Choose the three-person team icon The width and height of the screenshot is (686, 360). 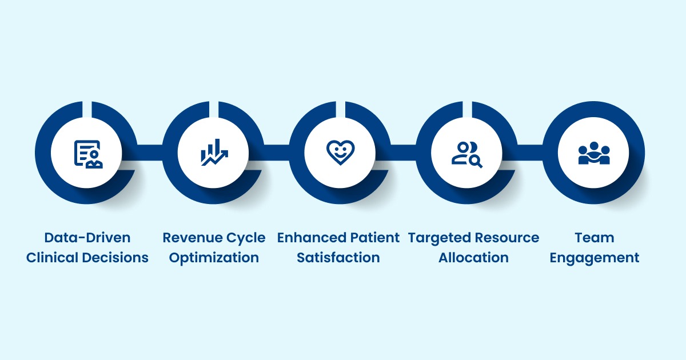coord(594,154)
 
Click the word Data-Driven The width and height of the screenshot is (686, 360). coord(87,238)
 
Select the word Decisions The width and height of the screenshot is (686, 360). coord(117,258)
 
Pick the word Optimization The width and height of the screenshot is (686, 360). coord(214,258)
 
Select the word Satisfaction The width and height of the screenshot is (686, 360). coord(338,258)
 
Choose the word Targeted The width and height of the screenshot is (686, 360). coord(440,238)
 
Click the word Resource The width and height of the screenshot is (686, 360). coord(507,238)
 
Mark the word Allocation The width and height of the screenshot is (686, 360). coord(473,258)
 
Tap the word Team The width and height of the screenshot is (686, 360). coord(595,238)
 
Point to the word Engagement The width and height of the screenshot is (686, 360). coord(595,258)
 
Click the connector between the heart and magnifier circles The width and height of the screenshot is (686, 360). coord(404,153)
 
